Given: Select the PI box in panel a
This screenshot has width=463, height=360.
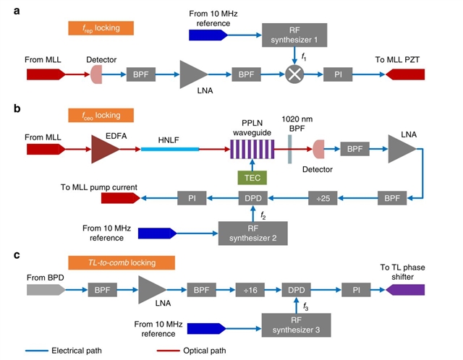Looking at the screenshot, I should coord(338,74).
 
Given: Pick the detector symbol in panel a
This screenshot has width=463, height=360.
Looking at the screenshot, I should coord(96,74).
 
